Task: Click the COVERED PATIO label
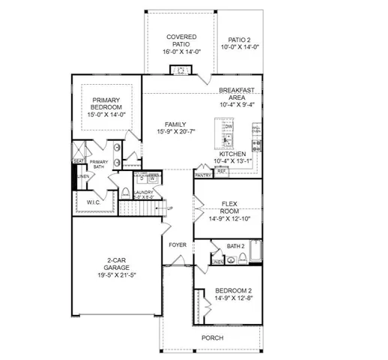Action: [181, 40]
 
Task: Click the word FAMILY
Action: [175, 124]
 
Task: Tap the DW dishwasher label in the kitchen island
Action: [229, 127]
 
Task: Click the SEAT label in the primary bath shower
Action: [78, 160]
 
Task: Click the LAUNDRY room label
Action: [143, 193]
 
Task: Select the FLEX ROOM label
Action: [230, 206]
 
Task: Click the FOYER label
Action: [178, 244]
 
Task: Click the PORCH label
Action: [212, 337]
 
